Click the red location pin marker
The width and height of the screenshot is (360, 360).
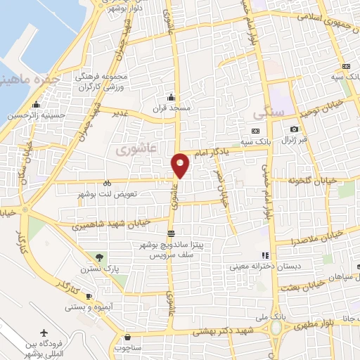click(x=181, y=165)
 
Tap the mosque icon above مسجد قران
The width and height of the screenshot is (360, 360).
click(x=170, y=98)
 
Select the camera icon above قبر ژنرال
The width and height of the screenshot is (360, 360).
click(x=294, y=129)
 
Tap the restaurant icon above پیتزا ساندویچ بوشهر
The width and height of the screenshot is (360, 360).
click(x=170, y=233)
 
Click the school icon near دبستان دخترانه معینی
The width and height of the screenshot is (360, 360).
click(x=265, y=255)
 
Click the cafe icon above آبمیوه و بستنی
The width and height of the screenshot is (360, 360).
click(x=89, y=296)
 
